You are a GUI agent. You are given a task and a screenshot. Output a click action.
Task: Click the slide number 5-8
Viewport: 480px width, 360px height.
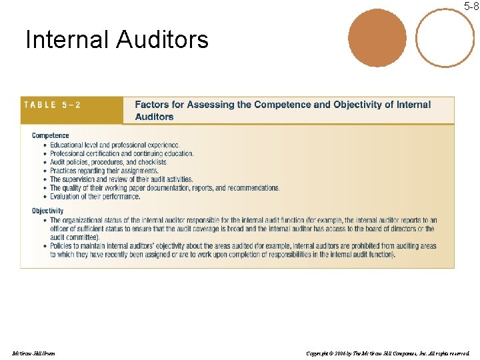[x=471, y=7]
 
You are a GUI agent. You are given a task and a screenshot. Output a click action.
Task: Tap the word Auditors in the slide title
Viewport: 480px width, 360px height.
[x=162, y=40]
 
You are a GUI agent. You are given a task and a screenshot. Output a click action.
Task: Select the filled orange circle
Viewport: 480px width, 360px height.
[x=377, y=37]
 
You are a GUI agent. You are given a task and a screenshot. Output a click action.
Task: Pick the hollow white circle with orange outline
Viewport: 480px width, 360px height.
[x=445, y=37]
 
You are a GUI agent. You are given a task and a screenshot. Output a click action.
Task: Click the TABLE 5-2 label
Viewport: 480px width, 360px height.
[x=53, y=105]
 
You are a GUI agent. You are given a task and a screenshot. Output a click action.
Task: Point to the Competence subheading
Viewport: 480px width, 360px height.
[x=51, y=135]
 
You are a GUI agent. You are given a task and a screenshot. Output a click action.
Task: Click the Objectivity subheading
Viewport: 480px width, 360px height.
[x=48, y=211]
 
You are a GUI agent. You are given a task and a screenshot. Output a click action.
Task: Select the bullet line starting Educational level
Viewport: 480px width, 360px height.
[x=115, y=145]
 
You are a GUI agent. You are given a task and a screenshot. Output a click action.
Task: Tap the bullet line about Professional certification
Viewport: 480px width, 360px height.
[x=121, y=153]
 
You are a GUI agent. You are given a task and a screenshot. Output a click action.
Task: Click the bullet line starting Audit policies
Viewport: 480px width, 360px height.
[x=109, y=162]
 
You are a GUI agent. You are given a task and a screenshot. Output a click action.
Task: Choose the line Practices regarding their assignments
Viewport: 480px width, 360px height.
[x=104, y=171]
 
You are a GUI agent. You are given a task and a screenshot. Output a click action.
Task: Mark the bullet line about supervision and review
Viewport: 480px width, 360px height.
[x=121, y=179]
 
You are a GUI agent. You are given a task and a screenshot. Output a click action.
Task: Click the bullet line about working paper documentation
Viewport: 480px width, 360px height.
[x=165, y=188]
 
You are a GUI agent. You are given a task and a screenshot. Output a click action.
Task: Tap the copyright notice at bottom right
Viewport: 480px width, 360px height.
[x=387, y=353]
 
